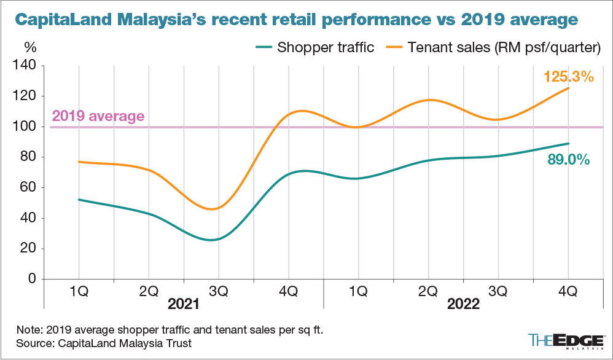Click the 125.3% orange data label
pos(568,77)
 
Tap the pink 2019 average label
pos(98,115)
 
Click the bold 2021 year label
pos(183,305)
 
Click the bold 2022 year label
pos(464,305)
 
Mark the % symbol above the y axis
pos(29,47)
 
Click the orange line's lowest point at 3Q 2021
pos(213,209)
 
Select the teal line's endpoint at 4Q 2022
pos(569,143)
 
